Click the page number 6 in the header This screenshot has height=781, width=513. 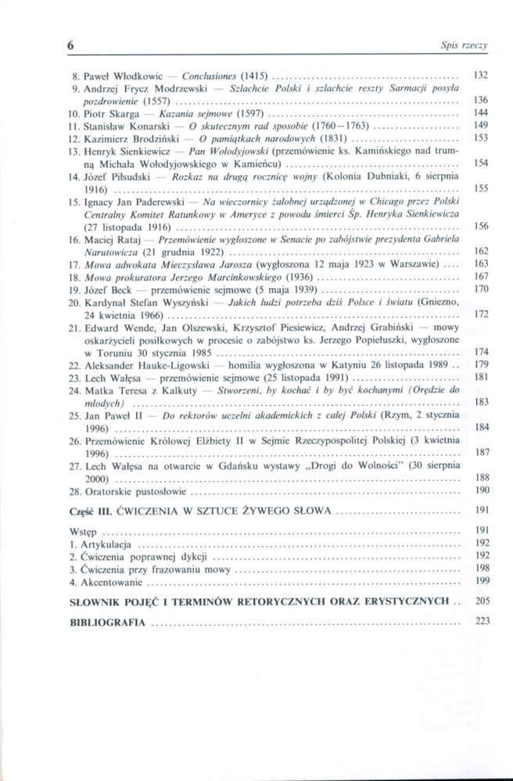(x=68, y=45)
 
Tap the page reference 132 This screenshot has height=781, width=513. (x=481, y=77)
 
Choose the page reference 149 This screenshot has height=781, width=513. (x=481, y=125)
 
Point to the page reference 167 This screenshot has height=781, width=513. (x=481, y=276)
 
